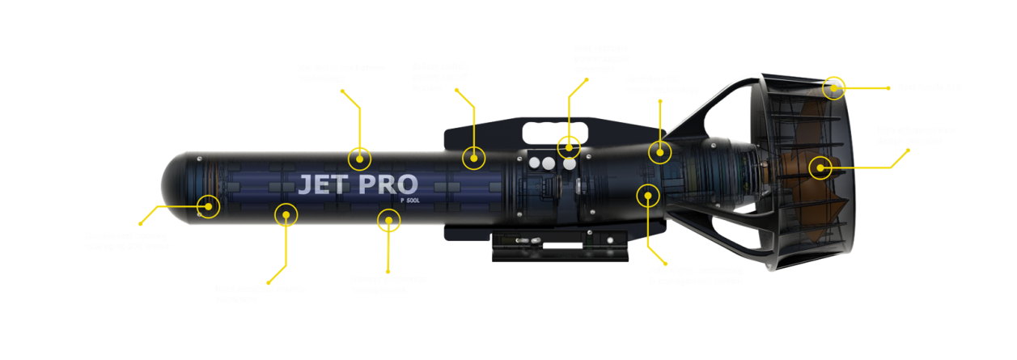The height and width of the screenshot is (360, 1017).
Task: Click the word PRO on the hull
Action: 388,184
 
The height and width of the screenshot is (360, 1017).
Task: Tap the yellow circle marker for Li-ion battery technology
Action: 359,159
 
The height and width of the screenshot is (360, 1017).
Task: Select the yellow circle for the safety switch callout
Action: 474,157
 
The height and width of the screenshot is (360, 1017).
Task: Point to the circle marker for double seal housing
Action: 209,206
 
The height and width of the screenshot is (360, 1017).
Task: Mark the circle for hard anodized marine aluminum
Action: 286,214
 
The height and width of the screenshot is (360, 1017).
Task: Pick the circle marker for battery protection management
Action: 389,219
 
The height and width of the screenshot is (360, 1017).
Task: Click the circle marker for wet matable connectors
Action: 569,146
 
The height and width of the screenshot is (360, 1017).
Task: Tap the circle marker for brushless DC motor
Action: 660,150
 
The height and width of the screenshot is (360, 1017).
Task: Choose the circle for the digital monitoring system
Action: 647,194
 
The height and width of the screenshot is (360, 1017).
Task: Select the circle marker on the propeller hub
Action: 820,168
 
